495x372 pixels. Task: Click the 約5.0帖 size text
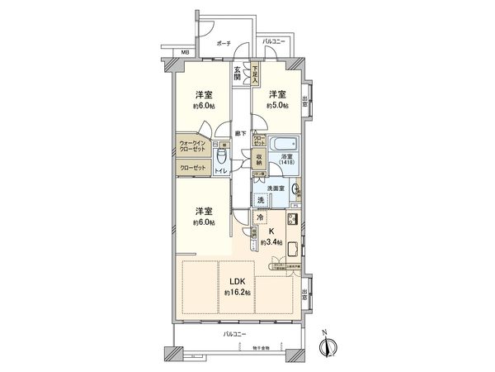(277, 106)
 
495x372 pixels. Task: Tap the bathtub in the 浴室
(285, 139)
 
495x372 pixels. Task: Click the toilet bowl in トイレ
(220, 157)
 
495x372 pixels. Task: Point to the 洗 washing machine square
(261, 200)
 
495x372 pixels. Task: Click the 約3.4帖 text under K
(271, 243)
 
